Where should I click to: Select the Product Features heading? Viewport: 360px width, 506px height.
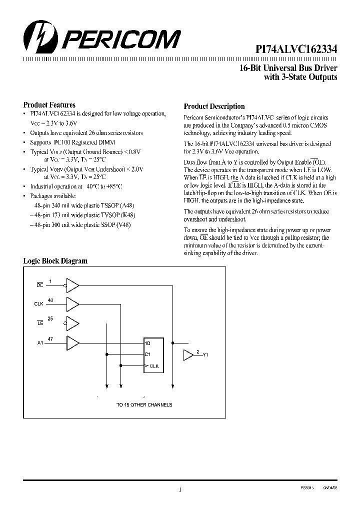[49, 105]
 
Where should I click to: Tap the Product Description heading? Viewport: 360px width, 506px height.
[214, 106]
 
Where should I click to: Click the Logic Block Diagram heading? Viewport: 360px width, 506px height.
[55, 261]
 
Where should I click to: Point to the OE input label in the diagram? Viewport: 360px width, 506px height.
[40, 285]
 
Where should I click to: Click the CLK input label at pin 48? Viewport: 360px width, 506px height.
[39, 303]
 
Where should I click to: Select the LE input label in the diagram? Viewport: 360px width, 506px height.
[40, 324]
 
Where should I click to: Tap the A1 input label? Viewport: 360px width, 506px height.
[40, 343]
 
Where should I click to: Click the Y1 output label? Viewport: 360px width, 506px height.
[205, 355]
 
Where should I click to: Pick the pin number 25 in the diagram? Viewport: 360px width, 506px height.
[50, 318]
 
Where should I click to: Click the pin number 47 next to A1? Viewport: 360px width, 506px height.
[50, 339]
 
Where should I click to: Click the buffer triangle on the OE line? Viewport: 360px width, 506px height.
[73, 285]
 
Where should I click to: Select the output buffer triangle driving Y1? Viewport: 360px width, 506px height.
[188, 355]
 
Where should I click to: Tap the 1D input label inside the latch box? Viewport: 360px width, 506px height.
[147, 343]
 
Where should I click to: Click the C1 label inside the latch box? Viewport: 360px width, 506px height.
[147, 354]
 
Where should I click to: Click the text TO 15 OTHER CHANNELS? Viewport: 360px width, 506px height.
[144, 404]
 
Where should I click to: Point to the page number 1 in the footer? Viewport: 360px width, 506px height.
[180, 490]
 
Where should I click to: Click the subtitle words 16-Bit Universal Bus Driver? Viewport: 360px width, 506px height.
[288, 68]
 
